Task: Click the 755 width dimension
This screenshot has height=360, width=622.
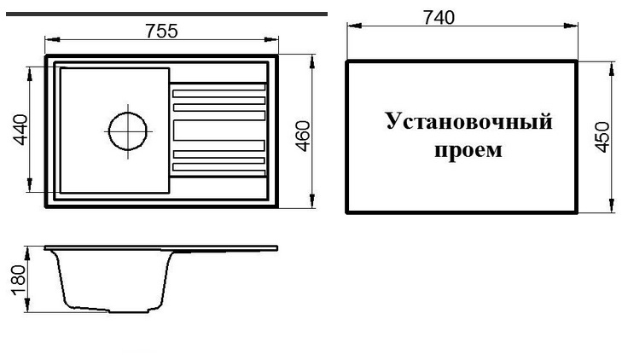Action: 162,32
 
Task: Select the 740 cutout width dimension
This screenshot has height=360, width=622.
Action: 439,17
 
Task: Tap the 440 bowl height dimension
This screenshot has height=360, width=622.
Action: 20,130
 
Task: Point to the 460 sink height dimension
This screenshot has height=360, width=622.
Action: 304,136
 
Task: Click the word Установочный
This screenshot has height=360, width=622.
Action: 469,121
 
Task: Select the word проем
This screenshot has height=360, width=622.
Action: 468,151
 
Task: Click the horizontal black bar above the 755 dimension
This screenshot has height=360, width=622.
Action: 166,15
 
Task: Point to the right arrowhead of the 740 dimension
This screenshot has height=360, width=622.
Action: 571,26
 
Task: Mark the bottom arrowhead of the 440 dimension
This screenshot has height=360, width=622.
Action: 29,185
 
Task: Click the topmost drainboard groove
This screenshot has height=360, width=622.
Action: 218,87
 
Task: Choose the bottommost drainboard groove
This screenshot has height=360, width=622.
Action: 219,173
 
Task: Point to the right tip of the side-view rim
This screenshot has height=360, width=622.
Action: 277,248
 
